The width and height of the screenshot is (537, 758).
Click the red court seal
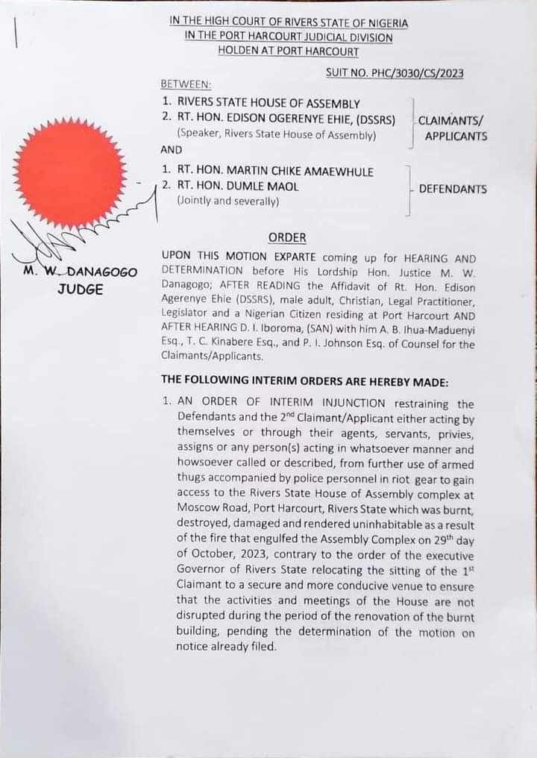69,173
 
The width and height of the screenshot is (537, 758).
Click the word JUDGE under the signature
80,289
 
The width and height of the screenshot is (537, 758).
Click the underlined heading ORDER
287,237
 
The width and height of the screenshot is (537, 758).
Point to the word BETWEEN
186,84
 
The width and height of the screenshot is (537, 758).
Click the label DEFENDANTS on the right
453,189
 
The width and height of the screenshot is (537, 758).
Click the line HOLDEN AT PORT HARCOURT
288,51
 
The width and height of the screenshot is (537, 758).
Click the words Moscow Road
213,510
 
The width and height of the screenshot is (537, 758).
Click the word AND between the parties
172,149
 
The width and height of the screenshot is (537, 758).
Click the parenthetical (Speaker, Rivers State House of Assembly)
276,135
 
